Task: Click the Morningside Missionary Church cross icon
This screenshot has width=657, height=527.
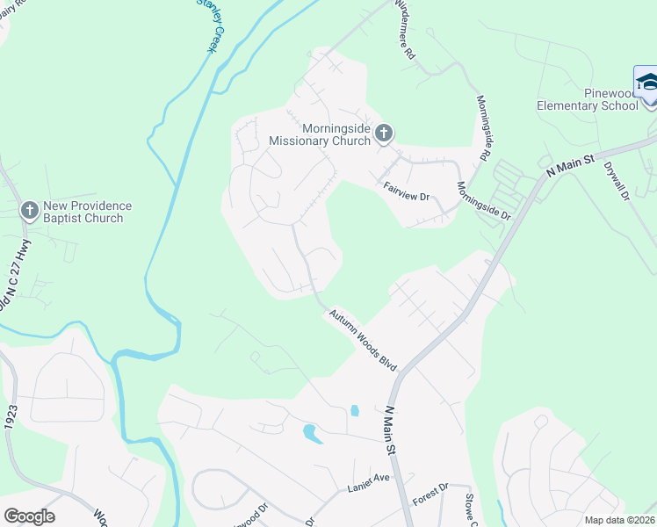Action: pyautogui.click(x=383, y=134)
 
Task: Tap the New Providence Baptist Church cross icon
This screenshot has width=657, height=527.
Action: pyautogui.click(x=29, y=211)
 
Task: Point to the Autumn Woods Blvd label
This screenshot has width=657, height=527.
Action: pyautogui.click(x=364, y=339)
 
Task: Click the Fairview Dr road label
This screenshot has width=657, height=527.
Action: pyautogui.click(x=406, y=191)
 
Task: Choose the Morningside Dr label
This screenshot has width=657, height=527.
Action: pyautogui.click(x=482, y=203)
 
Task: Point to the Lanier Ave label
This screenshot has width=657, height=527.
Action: pyautogui.click(x=369, y=477)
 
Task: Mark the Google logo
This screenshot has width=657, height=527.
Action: pyautogui.click(x=29, y=516)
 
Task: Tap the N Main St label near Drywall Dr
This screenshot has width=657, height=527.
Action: pyautogui.click(x=570, y=165)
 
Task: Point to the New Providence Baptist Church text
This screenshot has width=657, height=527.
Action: pyautogui.click(x=86, y=212)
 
